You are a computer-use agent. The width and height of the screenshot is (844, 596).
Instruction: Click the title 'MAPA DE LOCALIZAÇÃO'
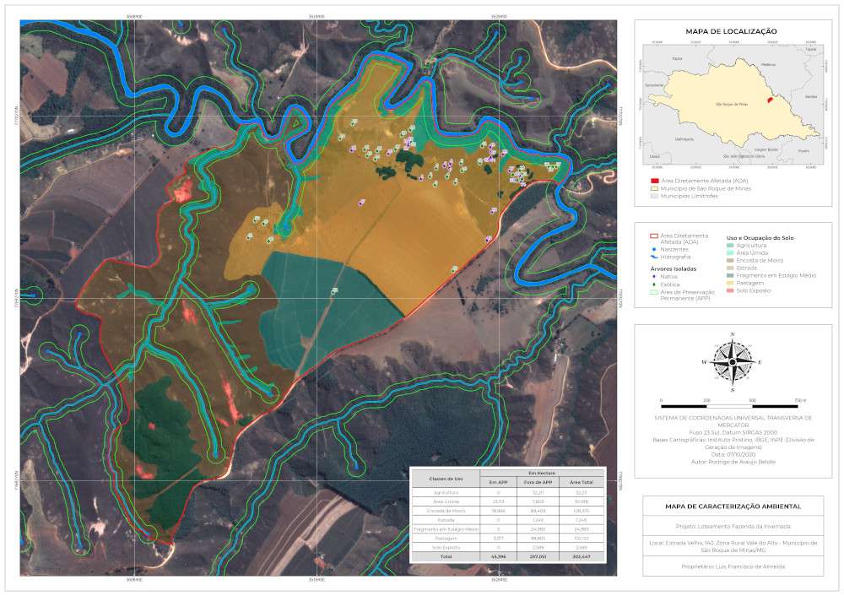731,31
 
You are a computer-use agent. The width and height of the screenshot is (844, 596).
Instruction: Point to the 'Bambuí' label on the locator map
811,97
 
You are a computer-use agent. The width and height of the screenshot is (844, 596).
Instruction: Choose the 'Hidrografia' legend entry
679,257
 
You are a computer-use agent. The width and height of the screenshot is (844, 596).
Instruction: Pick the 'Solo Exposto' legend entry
754,290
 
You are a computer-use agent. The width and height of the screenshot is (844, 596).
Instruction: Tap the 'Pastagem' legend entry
751,283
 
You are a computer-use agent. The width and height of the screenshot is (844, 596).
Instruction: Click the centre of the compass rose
732,361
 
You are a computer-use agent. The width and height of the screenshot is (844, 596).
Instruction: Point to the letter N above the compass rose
732,335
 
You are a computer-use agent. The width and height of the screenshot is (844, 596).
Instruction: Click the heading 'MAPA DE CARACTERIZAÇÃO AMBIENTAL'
731,506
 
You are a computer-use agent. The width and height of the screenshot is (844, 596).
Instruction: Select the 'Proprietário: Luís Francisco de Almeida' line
731,566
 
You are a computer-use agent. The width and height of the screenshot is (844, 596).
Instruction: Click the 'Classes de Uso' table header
445,479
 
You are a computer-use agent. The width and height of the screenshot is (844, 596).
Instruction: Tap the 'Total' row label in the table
445,557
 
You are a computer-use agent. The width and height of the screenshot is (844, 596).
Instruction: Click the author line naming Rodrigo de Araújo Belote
731,462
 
